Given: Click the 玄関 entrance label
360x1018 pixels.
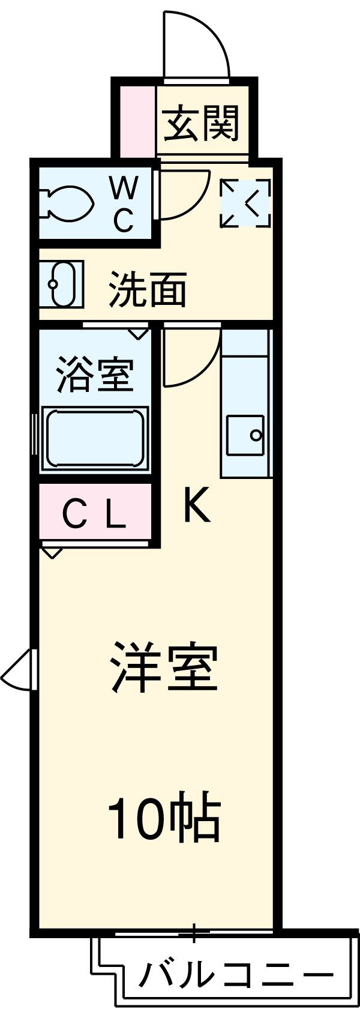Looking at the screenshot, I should pos(202,122).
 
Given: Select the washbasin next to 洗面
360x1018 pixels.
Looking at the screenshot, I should pos(62,284).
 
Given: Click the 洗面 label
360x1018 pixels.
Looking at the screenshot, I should pos(148,291).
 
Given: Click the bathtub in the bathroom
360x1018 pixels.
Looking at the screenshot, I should pos(94,439).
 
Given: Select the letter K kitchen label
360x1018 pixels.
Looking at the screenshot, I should pos(196,505).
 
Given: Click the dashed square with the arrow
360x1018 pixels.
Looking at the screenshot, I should pos(245,203).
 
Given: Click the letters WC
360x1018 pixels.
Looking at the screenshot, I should pos(124,204).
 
